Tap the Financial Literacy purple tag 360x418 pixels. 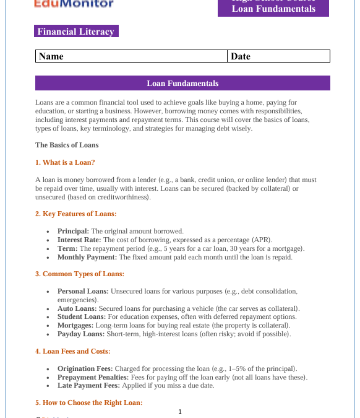76,32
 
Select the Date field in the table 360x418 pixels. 278,56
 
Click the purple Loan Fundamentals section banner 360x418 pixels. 182,83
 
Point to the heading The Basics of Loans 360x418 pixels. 67,145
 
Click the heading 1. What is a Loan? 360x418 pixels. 65,162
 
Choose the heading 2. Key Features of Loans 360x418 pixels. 75,214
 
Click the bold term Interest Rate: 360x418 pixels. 79,240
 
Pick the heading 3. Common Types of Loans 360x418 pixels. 80,274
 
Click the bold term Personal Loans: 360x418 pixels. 83,291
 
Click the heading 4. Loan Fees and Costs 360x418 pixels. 73,351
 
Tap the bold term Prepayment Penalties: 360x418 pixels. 93,377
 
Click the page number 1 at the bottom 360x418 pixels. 180,411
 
